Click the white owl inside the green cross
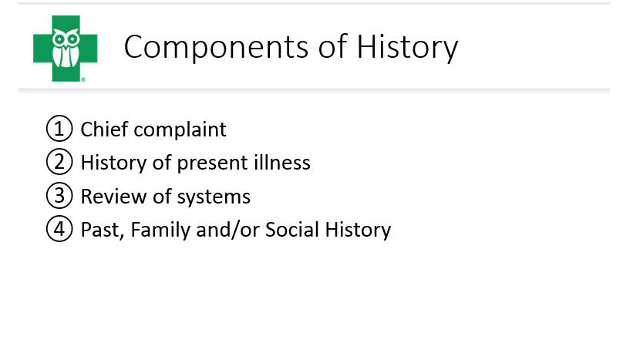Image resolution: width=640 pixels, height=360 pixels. pos(66,48)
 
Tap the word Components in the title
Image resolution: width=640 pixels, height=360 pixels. pos(216,47)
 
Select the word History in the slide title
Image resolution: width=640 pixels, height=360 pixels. pos(407,47)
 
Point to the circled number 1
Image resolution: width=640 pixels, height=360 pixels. pos(59,129)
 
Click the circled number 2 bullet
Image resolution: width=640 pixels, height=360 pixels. pos(59,162)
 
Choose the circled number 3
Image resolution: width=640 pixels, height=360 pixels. pos(59,196)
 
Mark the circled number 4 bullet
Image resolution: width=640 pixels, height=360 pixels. pos(59,229)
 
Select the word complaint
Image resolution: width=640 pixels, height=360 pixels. pos(180,130)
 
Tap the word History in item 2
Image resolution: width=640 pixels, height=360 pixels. pos(113,163)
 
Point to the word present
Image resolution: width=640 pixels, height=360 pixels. pos(212,164)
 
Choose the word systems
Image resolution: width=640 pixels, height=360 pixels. pos(214,197)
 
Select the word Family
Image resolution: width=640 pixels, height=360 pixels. pos(160,230)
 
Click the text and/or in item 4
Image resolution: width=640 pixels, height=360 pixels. pos(227,230)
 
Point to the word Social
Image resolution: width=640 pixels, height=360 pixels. pos(292,230)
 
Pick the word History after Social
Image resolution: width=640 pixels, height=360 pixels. pos(358,230)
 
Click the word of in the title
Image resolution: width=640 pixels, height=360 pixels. pos(332,47)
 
